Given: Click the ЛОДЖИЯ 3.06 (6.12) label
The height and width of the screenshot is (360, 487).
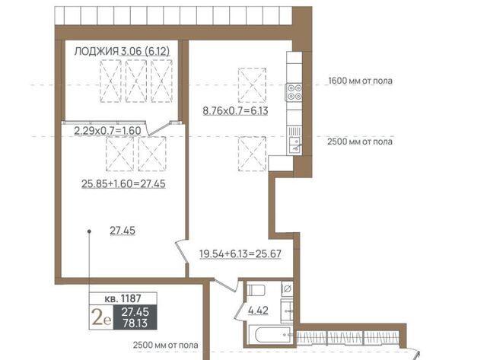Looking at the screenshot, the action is pos(122,51).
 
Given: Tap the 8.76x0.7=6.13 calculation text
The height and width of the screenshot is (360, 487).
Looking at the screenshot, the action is pos(235,110).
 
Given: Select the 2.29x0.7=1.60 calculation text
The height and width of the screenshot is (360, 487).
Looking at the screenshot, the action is pos(107,130).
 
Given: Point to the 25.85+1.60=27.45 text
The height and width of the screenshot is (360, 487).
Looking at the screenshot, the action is pos(123,183).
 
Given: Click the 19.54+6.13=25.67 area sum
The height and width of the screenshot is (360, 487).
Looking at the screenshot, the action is pos(240,253).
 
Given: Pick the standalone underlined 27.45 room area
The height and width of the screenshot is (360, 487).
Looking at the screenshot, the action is pos(123,231).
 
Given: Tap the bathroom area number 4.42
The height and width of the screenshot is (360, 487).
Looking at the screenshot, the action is pos(258,310).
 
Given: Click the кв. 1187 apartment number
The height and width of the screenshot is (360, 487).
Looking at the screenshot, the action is pos(123,298).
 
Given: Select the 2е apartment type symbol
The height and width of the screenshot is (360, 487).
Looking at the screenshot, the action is pos(101,317).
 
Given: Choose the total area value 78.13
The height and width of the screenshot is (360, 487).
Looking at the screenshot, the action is pos(135,323).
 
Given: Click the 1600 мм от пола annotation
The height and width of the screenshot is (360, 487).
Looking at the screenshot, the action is pos(360,81).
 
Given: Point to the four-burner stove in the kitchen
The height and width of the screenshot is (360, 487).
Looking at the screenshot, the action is pos(294,92).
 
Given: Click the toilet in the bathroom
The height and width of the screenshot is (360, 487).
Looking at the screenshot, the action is pos(256,291).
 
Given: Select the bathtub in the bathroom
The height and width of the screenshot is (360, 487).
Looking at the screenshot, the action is pos(271,335).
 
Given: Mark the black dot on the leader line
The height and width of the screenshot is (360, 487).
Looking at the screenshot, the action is pos(89,231).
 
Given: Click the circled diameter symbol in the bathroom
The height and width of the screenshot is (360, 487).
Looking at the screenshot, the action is pos(288,289).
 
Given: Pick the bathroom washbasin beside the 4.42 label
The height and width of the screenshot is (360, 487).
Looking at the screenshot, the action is pos(287,311).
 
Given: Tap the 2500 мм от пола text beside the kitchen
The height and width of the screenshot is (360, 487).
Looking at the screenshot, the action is pos(360,142).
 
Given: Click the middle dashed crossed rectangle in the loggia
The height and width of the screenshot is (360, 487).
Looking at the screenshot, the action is pos(136,81).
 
